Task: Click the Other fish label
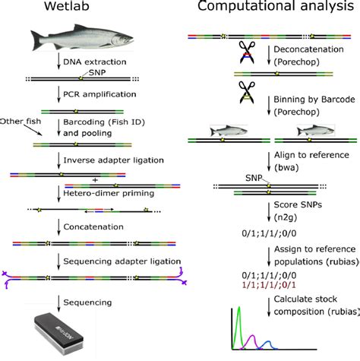click(18, 121)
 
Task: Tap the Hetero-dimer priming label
click(106, 192)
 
